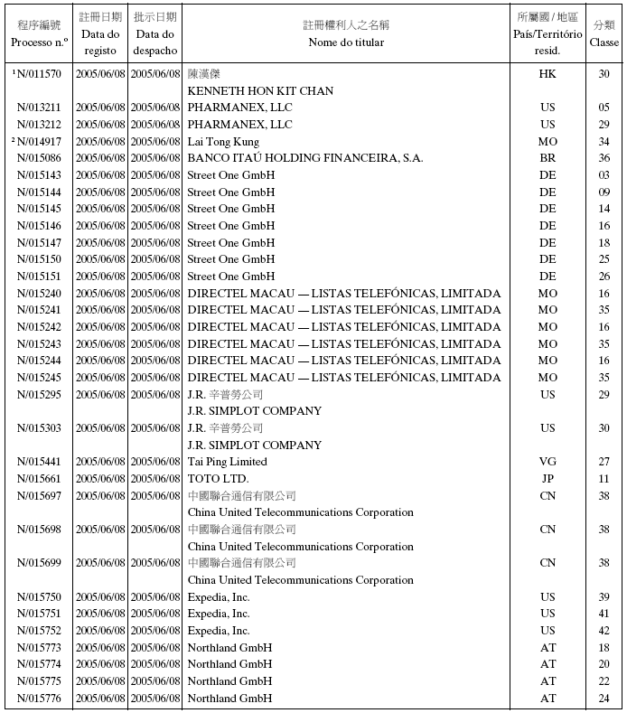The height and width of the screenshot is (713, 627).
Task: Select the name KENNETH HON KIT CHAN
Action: [x=260, y=90]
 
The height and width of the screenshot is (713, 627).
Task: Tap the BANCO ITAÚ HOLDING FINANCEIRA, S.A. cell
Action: [x=305, y=158]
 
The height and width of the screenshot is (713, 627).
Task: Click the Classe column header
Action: [x=604, y=33]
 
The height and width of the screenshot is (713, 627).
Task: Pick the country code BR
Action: [x=547, y=158]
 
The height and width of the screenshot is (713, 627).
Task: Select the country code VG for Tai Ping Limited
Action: [x=547, y=462]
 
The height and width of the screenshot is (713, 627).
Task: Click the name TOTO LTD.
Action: [x=218, y=479]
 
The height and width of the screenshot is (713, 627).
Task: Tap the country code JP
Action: [x=547, y=479]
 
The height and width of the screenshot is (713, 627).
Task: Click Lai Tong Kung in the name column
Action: [x=223, y=142]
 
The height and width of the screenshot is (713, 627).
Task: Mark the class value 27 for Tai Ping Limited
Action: [x=604, y=462]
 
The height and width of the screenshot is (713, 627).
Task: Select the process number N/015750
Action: [x=39, y=597]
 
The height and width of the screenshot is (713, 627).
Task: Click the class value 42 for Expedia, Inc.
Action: [x=604, y=631]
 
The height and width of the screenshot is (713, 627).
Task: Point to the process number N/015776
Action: [x=39, y=699]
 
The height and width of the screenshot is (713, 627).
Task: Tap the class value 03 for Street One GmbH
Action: [x=604, y=175]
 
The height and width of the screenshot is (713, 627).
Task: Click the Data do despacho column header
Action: [x=155, y=33]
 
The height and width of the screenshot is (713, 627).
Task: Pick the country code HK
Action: [x=547, y=74]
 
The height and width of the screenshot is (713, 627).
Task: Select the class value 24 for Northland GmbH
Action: [x=604, y=699]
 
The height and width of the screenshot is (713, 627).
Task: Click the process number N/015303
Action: [x=39, y=428]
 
